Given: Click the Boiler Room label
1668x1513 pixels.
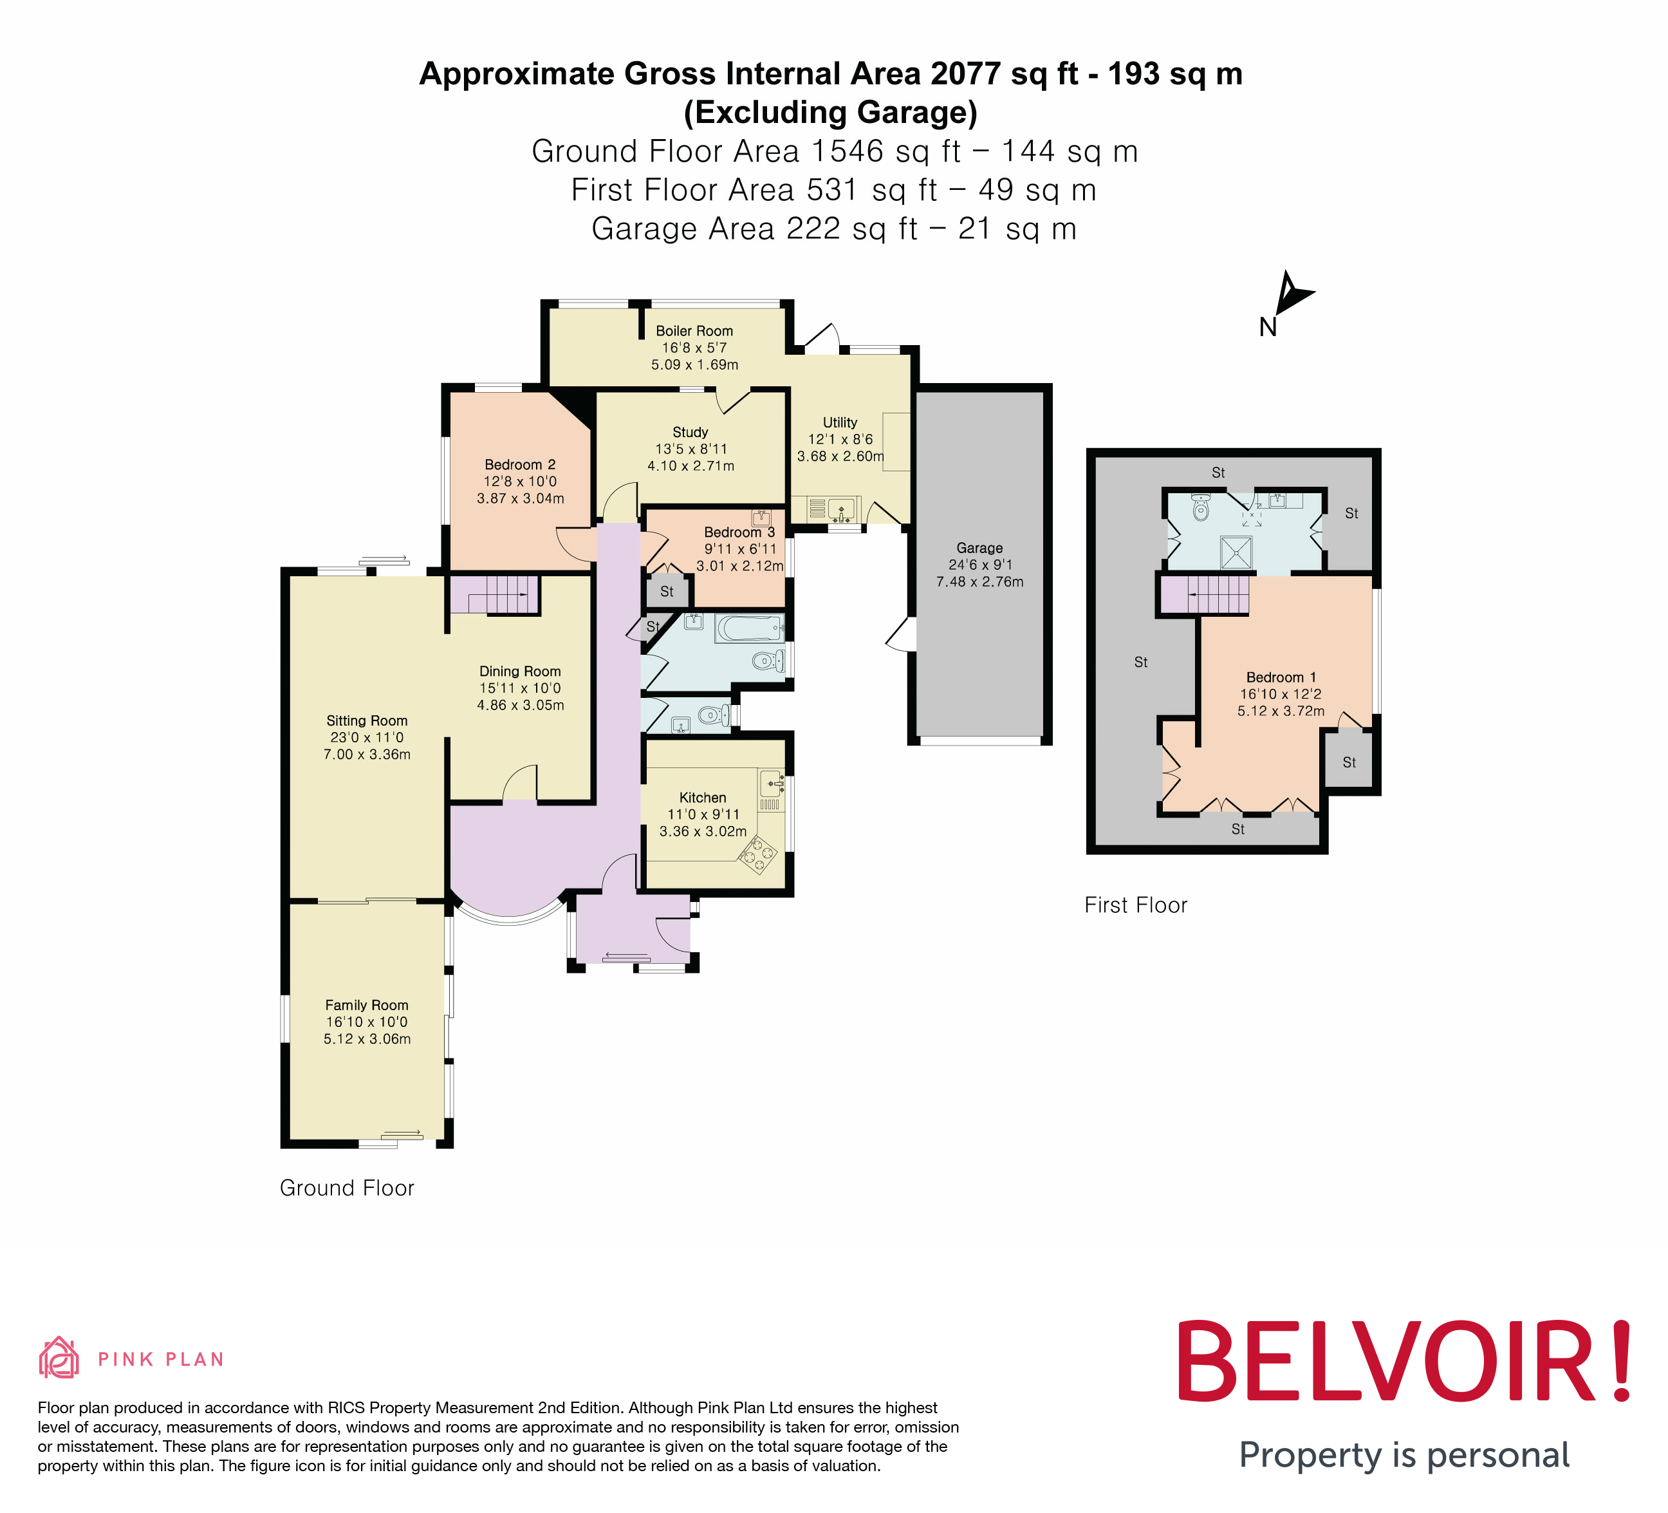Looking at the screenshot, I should tap(694, 331).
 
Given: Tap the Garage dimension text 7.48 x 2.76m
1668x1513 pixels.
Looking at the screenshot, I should tap(979, 582).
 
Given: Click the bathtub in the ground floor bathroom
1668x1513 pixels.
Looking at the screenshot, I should tap(750, 628).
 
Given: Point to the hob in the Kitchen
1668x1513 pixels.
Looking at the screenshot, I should tap(759, 855).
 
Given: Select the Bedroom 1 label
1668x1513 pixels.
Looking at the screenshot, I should tap(1280, 677).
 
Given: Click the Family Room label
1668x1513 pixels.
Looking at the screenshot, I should tap(367, 1005).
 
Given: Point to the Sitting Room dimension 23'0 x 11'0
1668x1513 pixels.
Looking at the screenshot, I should tap(367, 737).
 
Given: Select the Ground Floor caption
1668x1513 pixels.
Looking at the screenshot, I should tap(347, 1188).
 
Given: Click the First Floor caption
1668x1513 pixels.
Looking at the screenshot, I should tap(1135, 905).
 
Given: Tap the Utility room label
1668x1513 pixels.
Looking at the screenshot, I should tap(840, 422).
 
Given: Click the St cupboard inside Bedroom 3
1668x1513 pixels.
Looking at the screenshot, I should tap(667, 592).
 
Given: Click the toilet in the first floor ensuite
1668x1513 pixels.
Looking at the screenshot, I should tap(1201, 507).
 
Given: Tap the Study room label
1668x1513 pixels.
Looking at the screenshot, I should tap(690, 432).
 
